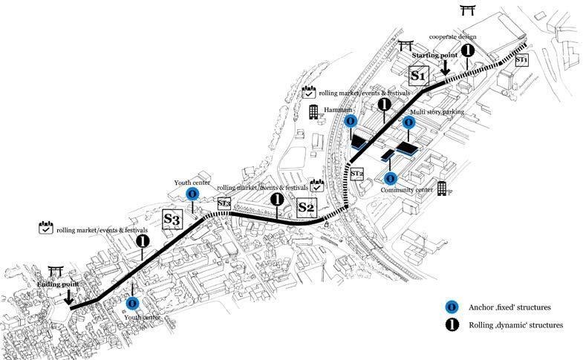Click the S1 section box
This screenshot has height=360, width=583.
point(417,75)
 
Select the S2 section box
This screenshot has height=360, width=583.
point(306,206)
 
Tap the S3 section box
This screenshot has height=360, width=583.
point(172,220)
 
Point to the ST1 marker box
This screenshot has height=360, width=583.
point(521,59)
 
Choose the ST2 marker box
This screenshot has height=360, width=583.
point(356,174)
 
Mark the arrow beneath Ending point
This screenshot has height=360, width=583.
point(68,297)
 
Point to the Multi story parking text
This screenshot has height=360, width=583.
point(437,111)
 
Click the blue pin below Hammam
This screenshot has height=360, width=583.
point(351,121)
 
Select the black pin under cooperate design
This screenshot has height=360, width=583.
point(467,51)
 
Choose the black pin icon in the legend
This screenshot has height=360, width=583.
point(450,324)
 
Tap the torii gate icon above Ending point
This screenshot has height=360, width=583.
point(56,272)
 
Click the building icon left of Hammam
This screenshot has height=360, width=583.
point(313,111)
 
